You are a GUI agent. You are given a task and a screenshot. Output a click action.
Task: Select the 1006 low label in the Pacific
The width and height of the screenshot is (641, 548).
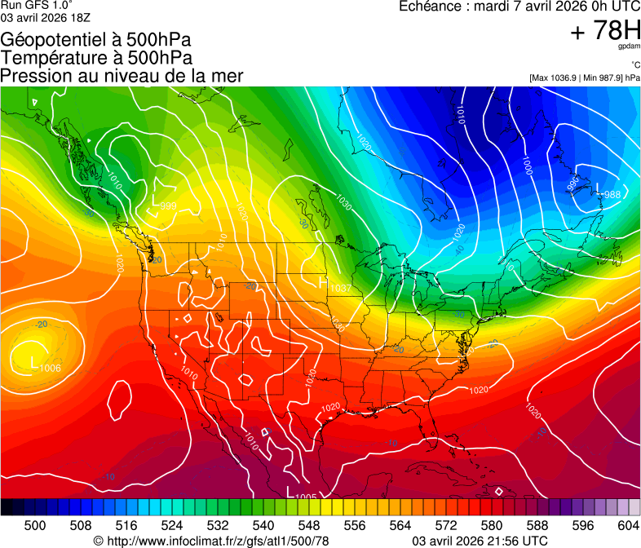[50, 368]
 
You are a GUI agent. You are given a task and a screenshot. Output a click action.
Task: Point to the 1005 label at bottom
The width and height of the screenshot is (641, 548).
[306, 496]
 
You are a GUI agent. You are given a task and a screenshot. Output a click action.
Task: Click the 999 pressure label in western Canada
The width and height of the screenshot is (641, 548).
[168, 205]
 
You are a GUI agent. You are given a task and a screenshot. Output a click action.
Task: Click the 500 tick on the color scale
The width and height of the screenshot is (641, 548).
[35, 525]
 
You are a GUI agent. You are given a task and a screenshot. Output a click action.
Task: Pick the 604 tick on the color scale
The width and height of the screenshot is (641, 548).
[628, 525]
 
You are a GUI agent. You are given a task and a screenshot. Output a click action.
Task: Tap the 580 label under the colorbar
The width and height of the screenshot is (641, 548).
[491, 525]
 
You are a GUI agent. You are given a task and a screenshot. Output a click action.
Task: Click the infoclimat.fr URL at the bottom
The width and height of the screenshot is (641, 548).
[219, 541]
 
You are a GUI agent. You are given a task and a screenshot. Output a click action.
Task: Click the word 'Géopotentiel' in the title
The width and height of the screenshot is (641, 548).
[50, 39]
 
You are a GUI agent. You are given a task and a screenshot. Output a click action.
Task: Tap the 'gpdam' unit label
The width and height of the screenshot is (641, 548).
[630, 46]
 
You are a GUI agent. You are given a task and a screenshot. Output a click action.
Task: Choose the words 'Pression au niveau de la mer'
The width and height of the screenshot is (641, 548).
[122, 76]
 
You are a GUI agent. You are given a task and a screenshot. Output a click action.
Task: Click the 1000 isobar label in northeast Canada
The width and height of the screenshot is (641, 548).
[528, 166]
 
